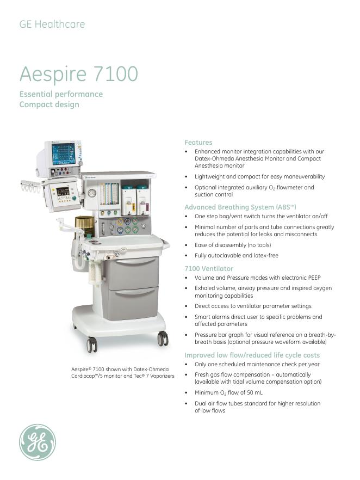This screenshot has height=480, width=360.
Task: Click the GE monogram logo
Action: [38, 442]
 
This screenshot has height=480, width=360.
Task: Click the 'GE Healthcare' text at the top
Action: [52, 24]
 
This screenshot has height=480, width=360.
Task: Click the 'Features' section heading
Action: [198, 143]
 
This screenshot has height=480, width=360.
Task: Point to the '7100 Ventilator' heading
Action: [209, 269]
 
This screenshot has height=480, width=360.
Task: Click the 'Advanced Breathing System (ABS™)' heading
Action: [240, 207]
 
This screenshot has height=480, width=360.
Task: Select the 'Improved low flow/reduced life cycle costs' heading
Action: [252, 355]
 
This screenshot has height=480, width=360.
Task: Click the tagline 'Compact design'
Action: [49, 104]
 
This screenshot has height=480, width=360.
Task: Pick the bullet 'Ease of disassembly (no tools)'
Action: [232, 245]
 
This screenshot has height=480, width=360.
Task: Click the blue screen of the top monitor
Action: [64, 154]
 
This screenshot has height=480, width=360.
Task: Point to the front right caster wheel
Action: [163, 339]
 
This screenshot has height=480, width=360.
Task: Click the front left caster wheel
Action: [92, 344]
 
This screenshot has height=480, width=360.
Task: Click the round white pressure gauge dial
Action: [92, 193]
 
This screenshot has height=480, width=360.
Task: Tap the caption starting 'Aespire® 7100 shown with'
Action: [122, 373]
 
